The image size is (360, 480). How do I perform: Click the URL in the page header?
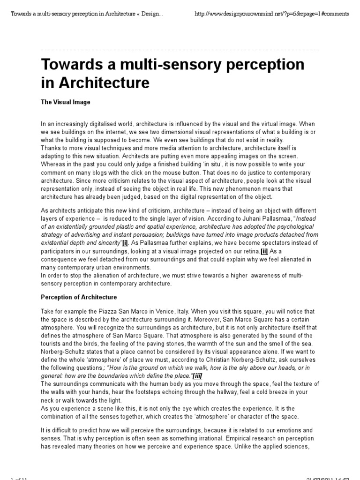click(x=271, y=14)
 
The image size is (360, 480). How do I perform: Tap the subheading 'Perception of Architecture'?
click(x=79, y=297)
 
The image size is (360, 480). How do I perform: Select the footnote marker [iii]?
click(x=198, y=376)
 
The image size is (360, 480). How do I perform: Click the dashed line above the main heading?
click(x=180, y=49)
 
